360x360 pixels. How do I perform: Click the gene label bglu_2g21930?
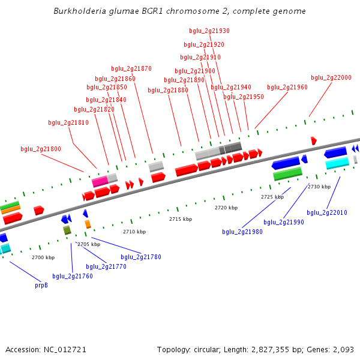click(x=209, y=31)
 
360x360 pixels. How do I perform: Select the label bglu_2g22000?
click(x=331, y=77)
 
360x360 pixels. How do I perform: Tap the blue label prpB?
click(x=41, y=285)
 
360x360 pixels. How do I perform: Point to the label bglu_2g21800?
click(x=41, y=149)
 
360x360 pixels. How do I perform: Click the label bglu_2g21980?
click(x=242, y=232)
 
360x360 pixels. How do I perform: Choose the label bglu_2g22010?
click(x=327, y=212)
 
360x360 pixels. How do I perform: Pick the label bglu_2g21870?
click(x=131, y=68)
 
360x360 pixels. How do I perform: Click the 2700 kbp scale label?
click(x=43, y=257)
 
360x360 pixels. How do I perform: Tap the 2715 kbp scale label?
click(x=181, y=219)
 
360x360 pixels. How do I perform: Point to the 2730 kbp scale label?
click(x=319, y=187)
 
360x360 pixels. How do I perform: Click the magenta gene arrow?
click(x=100, y=181)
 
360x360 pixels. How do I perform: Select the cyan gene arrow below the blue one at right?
click(x=337, y=163)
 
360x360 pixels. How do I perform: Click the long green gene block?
click(x=287, y=174)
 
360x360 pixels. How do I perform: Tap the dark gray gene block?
click(x=233, y=147)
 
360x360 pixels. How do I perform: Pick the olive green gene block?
click(x=67, y=230)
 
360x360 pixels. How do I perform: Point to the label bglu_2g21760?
click(x=73, y=276)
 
